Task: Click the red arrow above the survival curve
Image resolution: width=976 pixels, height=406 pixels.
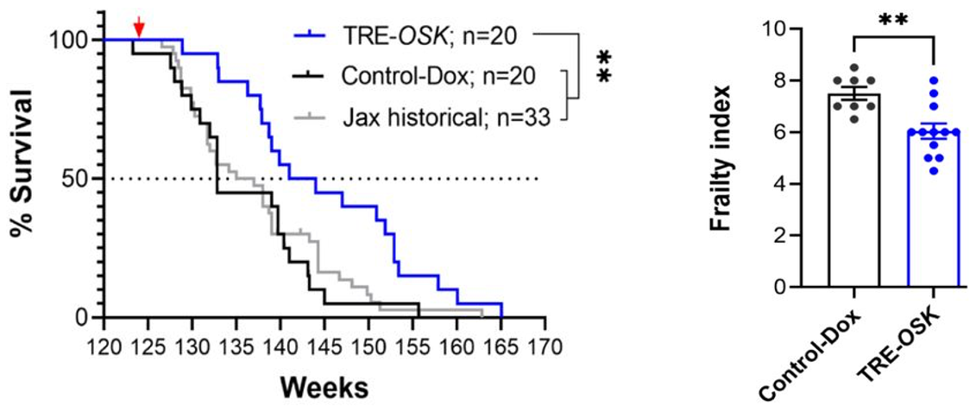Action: tap(140, 29)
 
